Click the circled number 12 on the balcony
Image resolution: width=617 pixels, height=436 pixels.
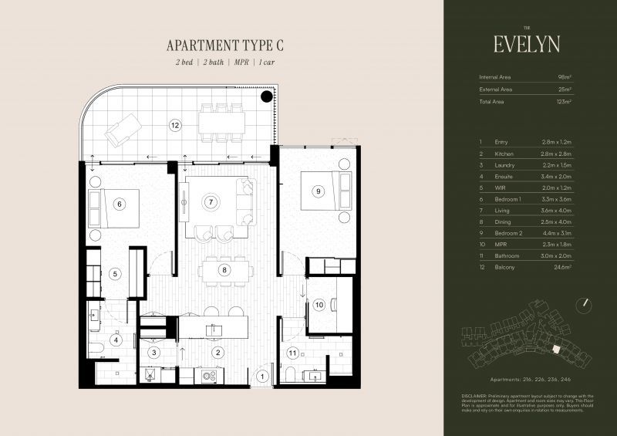[x=175, y=124]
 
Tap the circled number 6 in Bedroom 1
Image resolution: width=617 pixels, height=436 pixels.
[x=118, y=204]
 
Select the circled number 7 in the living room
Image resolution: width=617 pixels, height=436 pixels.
[x=209, y=202]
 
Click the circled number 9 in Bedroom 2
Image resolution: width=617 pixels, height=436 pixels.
[x=317, y=191]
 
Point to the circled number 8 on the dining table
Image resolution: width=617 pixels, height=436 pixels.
[x=224, y=270]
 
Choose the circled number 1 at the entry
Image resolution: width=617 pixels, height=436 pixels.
[x=263, y=377]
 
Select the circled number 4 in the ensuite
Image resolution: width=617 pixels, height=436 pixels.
[x=116, y=339]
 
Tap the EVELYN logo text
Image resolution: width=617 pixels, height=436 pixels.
[x=528, y=42]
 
